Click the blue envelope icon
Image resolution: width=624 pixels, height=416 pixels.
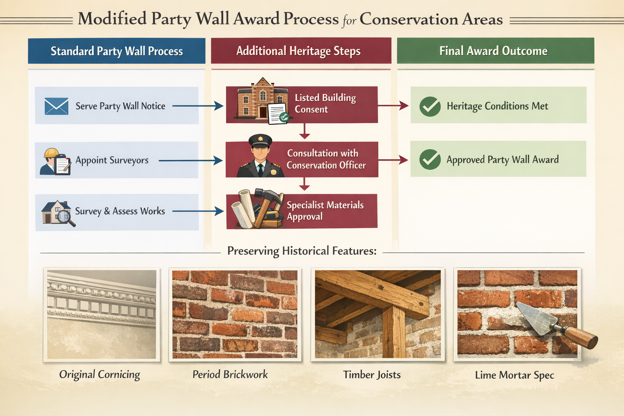(56, 106)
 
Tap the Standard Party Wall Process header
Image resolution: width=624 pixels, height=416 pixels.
(117, 51)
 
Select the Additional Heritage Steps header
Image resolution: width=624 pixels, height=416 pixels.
(299, 51)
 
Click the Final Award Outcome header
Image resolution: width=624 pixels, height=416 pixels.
(493, 51)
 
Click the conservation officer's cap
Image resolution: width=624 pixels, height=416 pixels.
(260, 141)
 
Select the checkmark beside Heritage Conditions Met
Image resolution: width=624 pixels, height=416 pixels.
(430, 107)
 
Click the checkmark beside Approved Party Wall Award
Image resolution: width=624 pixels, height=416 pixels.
(430, 159)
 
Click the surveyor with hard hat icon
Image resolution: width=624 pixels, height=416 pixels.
(55, 161)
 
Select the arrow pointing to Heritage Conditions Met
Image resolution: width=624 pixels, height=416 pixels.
(393, 106)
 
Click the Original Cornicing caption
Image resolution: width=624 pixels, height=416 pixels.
(100, 375)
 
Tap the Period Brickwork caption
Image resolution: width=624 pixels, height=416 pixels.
(230, 375)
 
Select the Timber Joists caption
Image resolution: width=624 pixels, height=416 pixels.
(372, 375)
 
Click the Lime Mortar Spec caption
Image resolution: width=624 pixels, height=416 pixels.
(514, 375)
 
